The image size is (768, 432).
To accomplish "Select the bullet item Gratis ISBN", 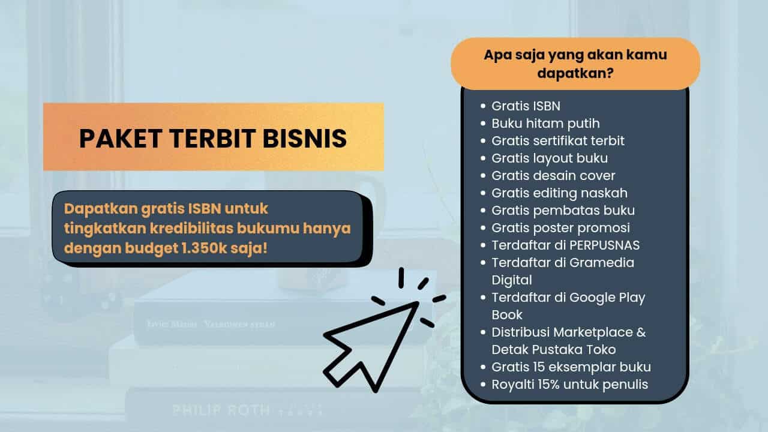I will pyautogui.click(x=526, y=106).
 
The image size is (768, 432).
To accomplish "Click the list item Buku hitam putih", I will pyautogui.click(x=545, y=124).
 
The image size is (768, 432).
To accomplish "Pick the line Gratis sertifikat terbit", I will pyautogui.click(x=558, y=141).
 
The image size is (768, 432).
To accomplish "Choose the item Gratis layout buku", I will pyautogui.click(x=550, y=158).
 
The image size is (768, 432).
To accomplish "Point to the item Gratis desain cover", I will pyautogui.click(x=553, y=176).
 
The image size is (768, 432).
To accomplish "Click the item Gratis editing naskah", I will pyautogui.click(x=559, y=193).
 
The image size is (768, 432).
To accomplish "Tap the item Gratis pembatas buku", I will pyautogui.click(x=563, y=211).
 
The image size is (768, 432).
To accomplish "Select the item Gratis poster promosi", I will pyautogui.click(x=560, y=228).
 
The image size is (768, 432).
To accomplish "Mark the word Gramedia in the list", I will pyautogui.click(x=604, y=263).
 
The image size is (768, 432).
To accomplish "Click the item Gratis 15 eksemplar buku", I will pyautogui.click(x=571, y=367).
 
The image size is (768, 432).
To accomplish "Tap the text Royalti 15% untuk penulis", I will pyautogui.click(x=569, y=385).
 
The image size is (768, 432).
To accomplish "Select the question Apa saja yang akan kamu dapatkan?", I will pyautogui.click(x=575, y=63).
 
